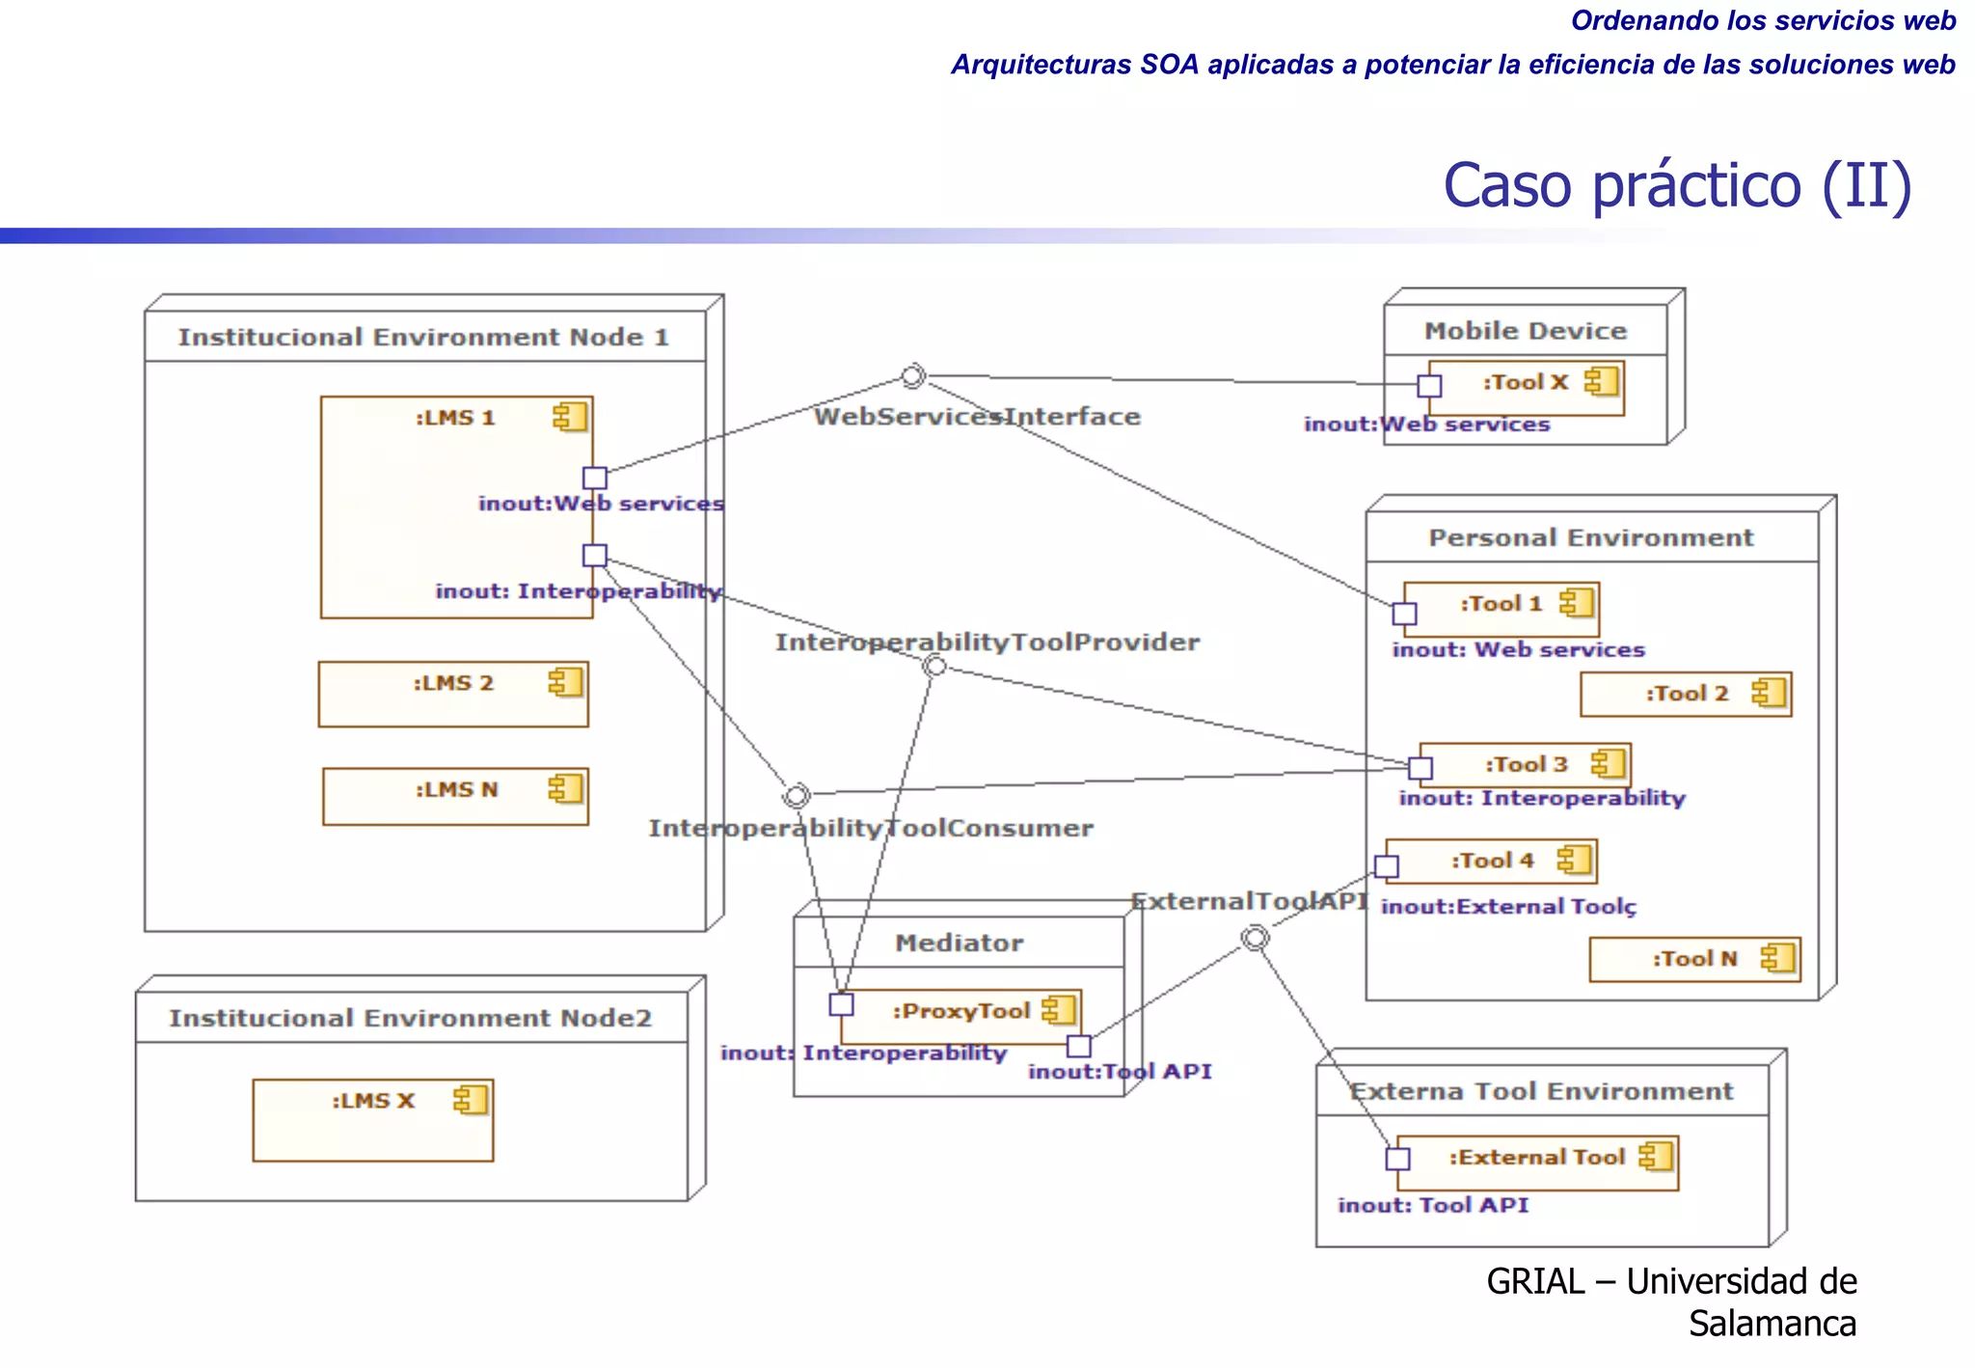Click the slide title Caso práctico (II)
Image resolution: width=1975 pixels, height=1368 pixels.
pos(1676,185)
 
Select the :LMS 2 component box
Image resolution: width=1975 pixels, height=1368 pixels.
pos(453,695)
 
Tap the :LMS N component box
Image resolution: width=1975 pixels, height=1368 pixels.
pos(455,797)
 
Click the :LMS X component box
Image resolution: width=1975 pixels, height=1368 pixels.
pos(373,1120)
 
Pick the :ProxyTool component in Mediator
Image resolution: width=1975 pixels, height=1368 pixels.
pos(960,1016)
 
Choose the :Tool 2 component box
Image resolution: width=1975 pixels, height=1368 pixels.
pos(1685,695)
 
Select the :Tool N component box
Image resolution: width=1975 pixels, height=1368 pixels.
pos(1694,960)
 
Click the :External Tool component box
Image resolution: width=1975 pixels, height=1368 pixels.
pos(1537,1163)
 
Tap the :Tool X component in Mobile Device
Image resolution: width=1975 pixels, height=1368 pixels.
pos(1526,388)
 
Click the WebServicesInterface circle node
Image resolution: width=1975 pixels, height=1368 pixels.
pos(912,376)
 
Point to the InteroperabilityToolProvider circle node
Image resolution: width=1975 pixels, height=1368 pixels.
pos(934,666)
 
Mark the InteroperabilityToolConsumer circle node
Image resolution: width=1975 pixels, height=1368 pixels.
pos(797,796)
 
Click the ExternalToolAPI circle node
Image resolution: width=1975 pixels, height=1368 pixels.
pos(1254,938)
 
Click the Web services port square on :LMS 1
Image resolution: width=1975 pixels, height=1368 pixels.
pos(595,478)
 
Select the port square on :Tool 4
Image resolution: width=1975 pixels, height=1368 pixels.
pos(1387,866)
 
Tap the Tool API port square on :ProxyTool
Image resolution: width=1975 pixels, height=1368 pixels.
pos(1079,1046)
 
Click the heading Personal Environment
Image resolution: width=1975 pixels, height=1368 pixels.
pos(1590,538)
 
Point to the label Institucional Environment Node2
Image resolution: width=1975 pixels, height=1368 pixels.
pos(411,1019)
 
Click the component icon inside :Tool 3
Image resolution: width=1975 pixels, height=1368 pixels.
pos(1608,764)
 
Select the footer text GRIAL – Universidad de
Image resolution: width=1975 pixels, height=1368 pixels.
pos(1670,1281)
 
